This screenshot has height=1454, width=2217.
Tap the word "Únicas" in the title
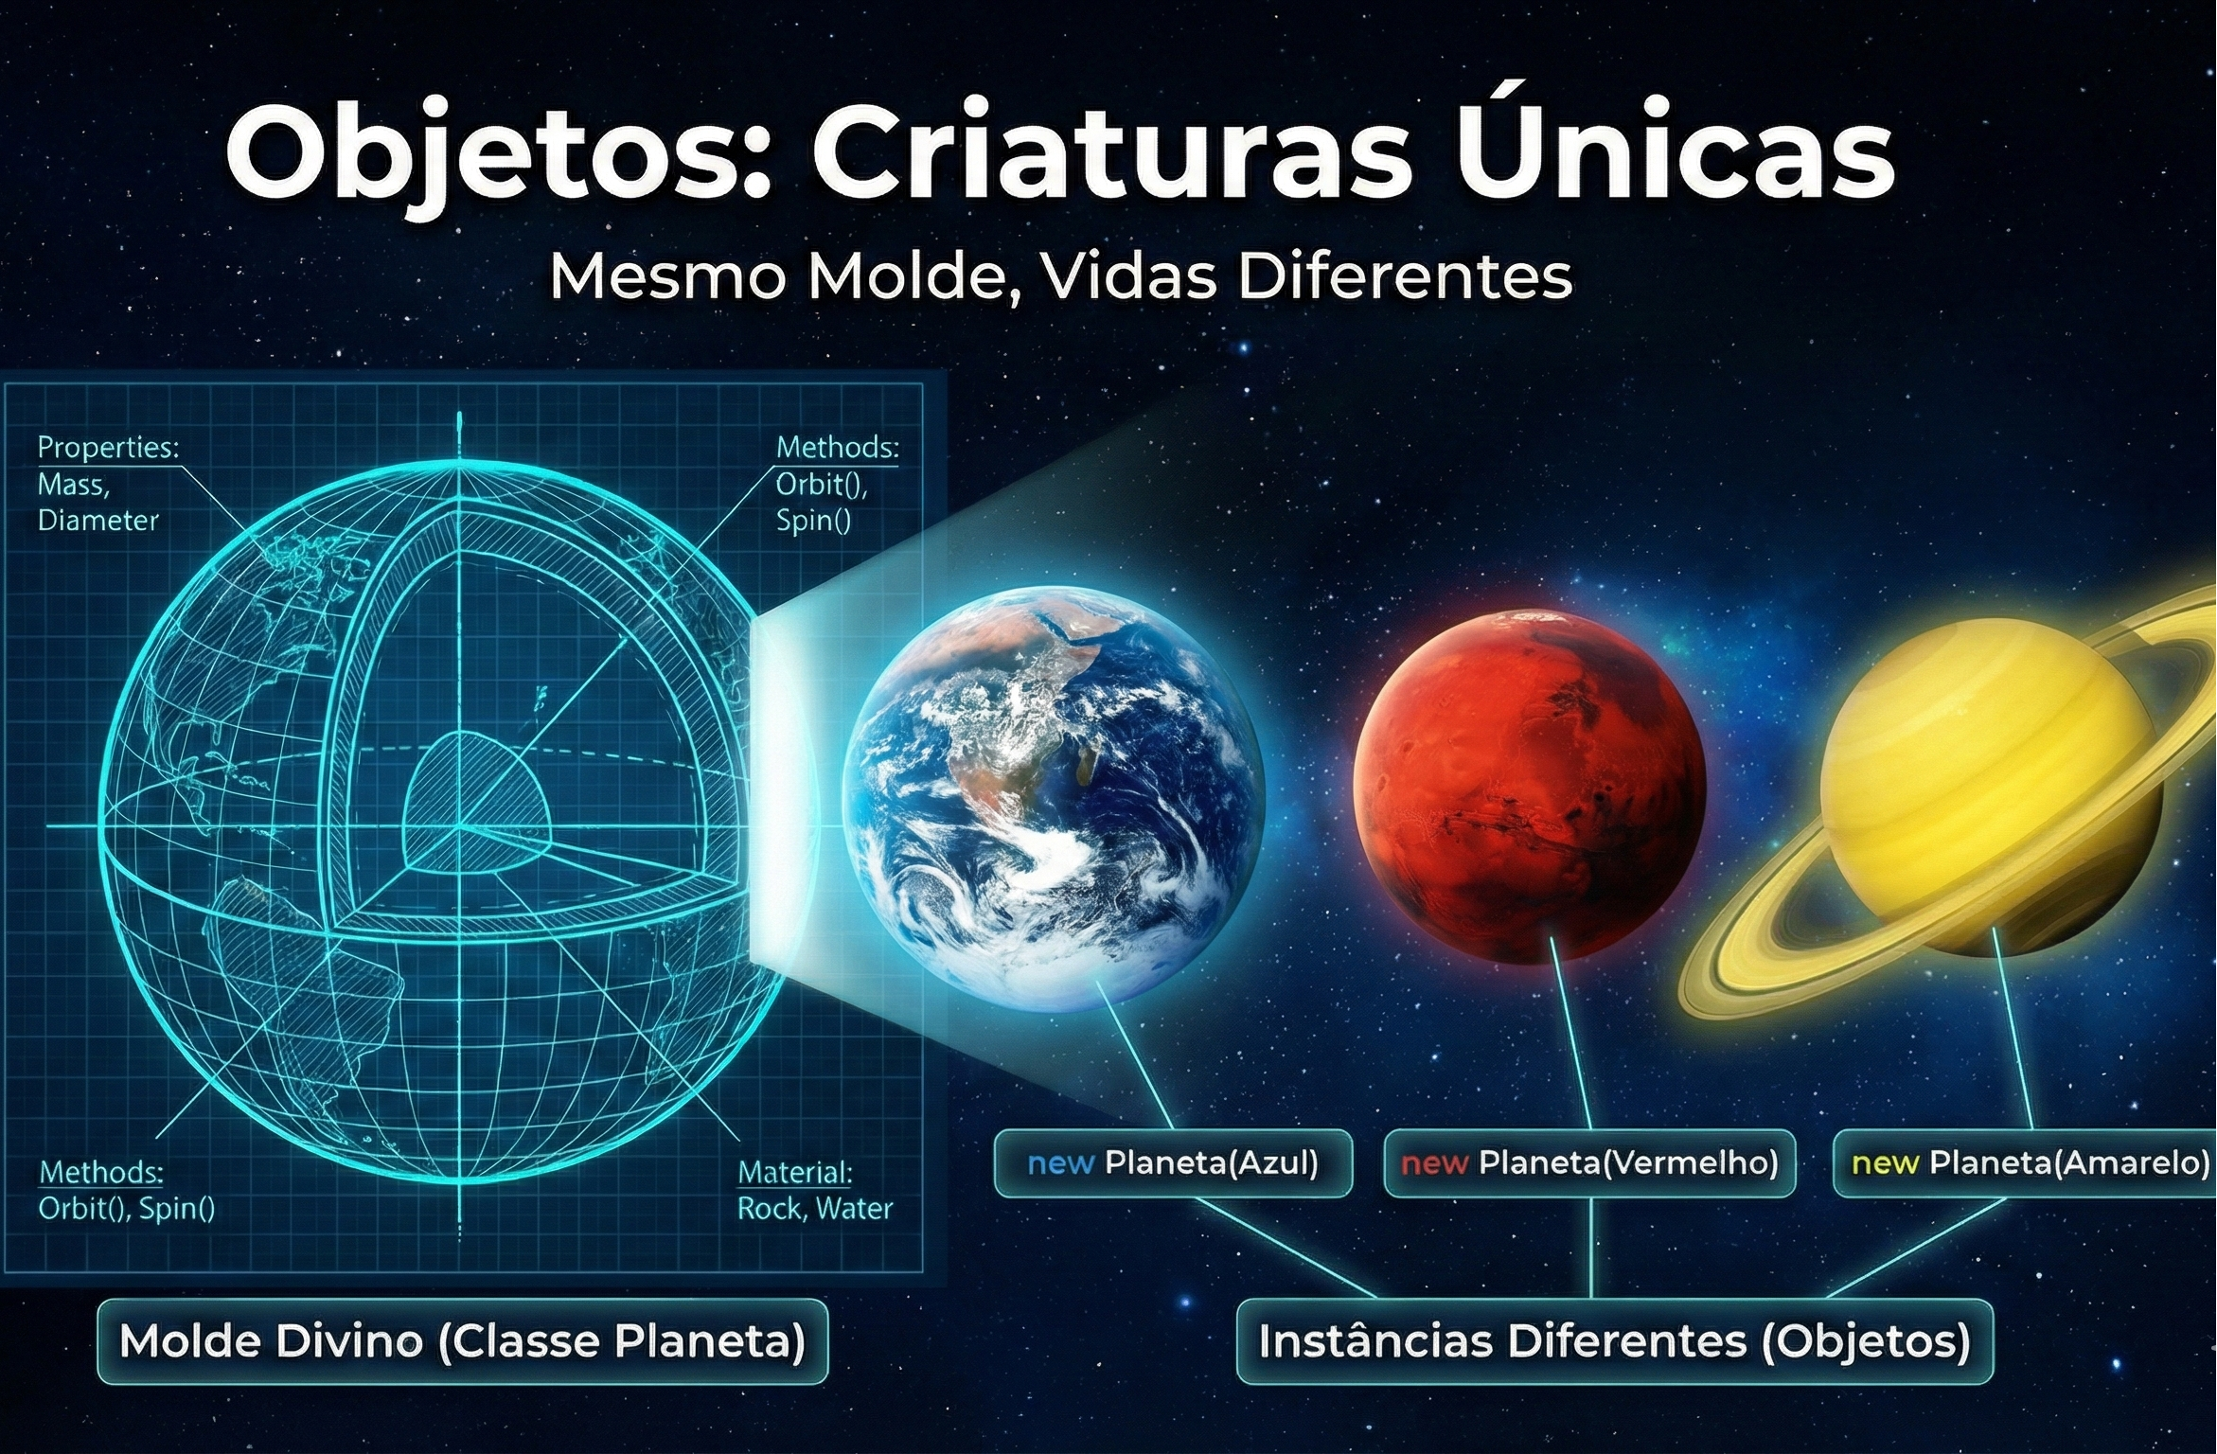coord(1674,151)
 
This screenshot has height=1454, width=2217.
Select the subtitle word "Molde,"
coord(914,276)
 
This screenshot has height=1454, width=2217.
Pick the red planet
coord(1529,786)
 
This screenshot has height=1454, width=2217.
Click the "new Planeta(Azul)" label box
coord(1173,1162)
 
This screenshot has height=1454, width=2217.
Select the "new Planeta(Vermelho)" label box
coord(1589,1162)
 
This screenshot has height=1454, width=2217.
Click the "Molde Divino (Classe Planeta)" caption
coord(462,1340)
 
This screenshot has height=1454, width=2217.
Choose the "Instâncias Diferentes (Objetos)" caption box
coord(1615,1340)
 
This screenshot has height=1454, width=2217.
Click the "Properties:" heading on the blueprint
coord(108,447)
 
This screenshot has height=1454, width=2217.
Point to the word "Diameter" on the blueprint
coord(98,520)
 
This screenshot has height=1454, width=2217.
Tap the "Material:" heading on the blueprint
coord(795,1172)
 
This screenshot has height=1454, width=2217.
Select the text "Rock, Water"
coord(815,1208)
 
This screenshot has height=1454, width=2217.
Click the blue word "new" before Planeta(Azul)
coord(1060,1162)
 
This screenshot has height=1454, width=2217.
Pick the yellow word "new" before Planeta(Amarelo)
coord(1884,1162)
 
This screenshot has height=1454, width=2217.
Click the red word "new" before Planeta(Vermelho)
coord(1434,1162)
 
